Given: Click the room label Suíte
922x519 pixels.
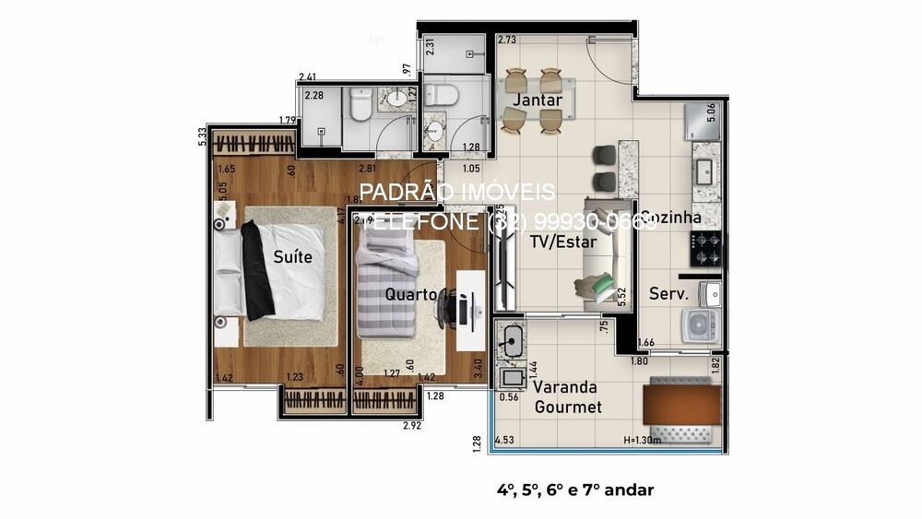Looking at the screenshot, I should [x=292, y=257].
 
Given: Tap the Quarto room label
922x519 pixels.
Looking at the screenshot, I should [x=410, y=295].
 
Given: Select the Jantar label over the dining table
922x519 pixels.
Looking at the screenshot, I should [x=538, y=100].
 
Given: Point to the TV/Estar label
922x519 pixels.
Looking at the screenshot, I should [x=563, y=243].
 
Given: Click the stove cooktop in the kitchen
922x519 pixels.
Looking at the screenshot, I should [x=706, y=246].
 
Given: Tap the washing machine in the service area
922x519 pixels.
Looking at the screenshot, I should [x=698, y=324].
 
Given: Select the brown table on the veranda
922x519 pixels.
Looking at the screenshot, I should [x=681, y=406].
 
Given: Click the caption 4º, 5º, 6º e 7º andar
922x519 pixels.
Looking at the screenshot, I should [x=574, y=490].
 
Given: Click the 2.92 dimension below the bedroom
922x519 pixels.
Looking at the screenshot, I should [x=412, y=426].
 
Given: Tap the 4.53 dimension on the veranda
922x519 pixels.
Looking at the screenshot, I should [x=505, y=441].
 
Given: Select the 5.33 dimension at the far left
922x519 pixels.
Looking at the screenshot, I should [x=202, y=136].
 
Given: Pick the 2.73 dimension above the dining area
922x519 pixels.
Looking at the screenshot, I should [x=506, y=41].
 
